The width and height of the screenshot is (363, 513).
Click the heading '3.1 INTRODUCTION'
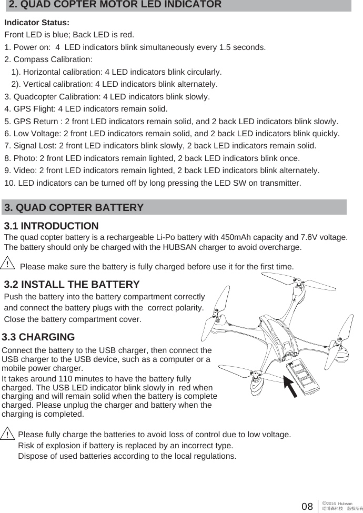pos(51,226)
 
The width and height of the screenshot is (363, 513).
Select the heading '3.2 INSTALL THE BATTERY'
pos(72,285)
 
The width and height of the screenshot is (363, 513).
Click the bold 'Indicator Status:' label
pos(36,23)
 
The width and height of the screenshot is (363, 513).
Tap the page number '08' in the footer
pos(307,507)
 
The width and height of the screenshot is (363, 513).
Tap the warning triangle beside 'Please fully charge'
pos(8,434)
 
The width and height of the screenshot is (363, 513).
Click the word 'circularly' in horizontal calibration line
pos(202,72)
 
